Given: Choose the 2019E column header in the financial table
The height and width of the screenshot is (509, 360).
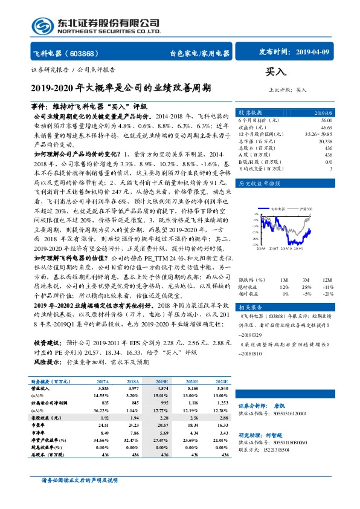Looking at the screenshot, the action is [x=162, y=382].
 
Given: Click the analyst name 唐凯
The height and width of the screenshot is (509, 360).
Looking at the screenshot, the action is [x=295, y=405].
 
